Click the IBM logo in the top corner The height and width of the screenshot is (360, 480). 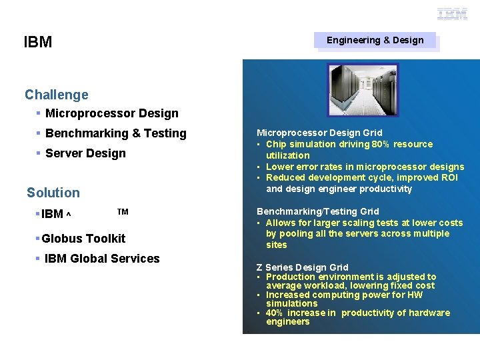(452, 13)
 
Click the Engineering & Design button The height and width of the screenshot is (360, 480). (375, 40)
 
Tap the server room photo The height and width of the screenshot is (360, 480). (362, 89)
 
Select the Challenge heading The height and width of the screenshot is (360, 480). (57, 95)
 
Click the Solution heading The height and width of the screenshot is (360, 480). (53, 193)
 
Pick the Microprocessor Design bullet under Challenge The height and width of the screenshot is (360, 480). (111, 113)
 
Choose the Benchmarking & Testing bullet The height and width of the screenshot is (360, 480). (115, 133)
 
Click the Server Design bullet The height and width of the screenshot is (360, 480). (85, 153)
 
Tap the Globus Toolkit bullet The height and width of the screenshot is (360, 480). (83, 238)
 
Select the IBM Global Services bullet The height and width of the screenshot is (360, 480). (102, 259)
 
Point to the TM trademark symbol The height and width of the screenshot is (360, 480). (123, 212)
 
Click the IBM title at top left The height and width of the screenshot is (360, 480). (38, 43)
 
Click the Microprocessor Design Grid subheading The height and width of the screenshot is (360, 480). (319, 133)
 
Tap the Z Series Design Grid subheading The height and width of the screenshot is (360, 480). (302, 267)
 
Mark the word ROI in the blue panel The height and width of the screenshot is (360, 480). (450, 177)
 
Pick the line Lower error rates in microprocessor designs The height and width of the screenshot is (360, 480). (365, 167)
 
